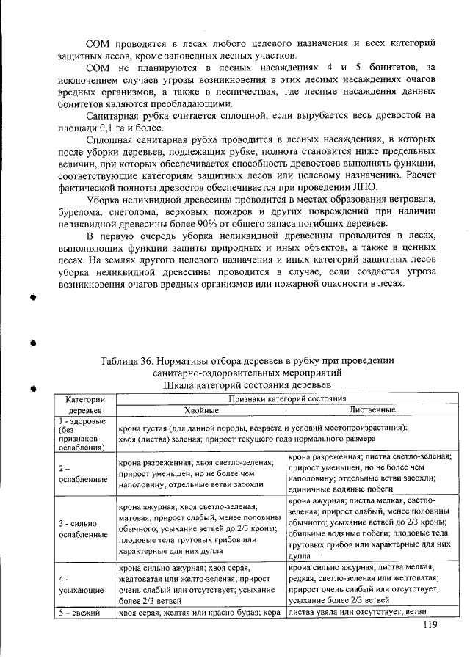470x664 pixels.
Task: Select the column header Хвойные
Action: (x=200, y=409)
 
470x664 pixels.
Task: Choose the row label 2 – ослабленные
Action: (x=77, y=473)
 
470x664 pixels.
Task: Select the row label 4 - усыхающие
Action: (x=73, y=584)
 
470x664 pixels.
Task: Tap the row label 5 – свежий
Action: (x=79, y=613)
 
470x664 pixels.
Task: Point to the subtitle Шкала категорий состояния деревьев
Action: (x=247, y=384)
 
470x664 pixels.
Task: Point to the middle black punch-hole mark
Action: (x=33, y=343)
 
